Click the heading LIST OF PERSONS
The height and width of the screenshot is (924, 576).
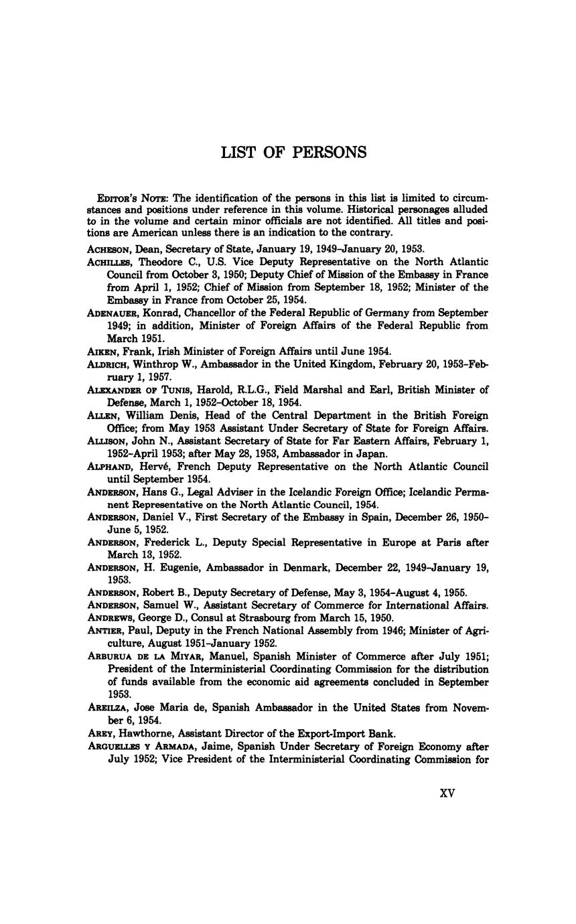point(294,153)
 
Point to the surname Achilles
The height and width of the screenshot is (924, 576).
point(111,262)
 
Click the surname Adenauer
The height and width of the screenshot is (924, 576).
point(113,313)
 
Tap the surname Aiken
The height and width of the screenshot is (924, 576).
point(102,351)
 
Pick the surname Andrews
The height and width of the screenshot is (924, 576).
point(110,617)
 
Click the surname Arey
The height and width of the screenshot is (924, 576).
point(100,733)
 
